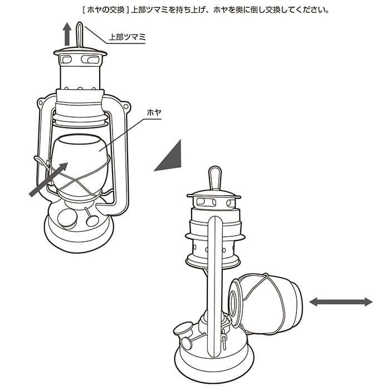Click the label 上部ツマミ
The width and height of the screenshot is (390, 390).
(x=127, y=37)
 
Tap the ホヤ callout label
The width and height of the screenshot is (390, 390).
(x=154, y=113)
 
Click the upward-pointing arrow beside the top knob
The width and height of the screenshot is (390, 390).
(x=67, y=34)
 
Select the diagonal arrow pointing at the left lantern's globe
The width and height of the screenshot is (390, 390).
(x=48, y=179)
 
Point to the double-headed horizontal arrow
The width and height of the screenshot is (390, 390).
(x=341, y=302)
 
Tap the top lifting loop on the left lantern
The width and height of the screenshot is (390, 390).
(x=79, y=35)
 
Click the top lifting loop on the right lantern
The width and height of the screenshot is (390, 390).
(x=215, y=178)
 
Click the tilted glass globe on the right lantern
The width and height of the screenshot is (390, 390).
(x=267, y=304)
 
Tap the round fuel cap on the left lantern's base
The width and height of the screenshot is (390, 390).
(x=67, y=219)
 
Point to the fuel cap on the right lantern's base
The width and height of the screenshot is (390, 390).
(x=183, y=328)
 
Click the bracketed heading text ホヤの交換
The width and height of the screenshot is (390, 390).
(x=106, y=10)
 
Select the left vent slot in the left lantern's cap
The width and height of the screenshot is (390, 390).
(x=66, y=60)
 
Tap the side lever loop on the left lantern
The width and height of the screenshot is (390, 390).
(x=41, y=162)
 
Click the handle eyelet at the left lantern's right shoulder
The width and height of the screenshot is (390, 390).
(x=126, y=106)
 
